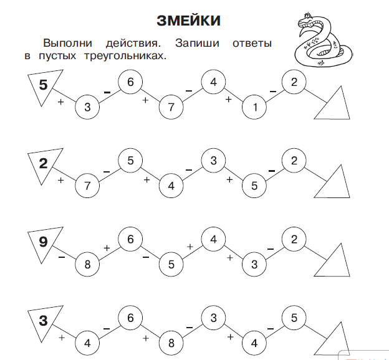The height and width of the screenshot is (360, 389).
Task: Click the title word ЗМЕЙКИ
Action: (x=188, y=21)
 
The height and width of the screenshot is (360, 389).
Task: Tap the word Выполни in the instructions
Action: (x=68, y=44)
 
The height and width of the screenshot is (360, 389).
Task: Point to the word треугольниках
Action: (x=125, y=56)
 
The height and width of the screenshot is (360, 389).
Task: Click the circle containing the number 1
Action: (x=254, y=108)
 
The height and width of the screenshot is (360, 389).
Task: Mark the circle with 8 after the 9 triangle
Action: (x=87, y=265)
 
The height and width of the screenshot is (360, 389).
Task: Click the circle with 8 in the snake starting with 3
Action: (x=171, y=343)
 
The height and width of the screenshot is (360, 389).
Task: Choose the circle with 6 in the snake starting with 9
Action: (x=130, y=239)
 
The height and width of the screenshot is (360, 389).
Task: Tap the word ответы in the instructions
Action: (x=251, y=44)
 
